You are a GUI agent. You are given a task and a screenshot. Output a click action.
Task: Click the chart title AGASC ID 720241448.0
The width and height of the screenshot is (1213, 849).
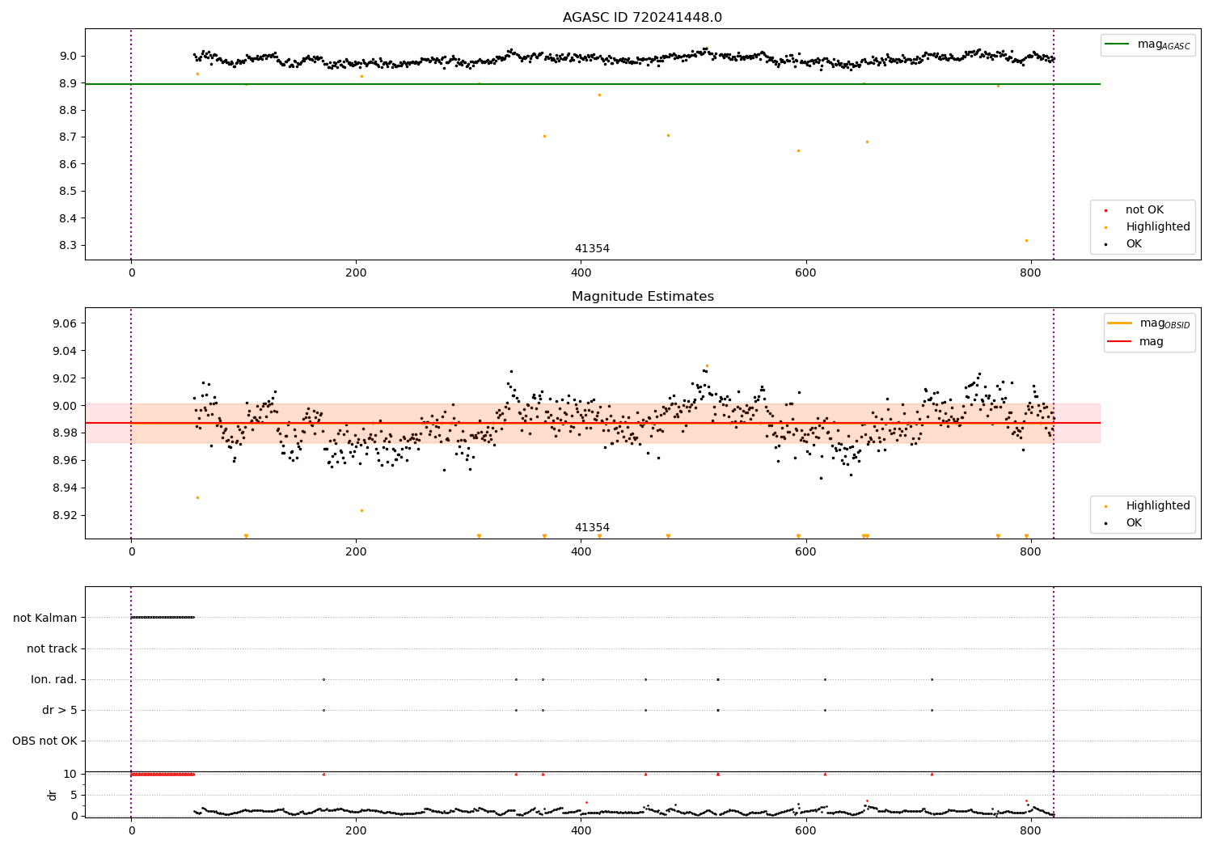(x=642, y=17)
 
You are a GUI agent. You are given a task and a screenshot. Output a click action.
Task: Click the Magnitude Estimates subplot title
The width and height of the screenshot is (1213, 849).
(x=643, y=296)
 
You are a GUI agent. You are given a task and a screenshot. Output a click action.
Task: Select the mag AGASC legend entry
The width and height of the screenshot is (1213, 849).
(x=1147, y=44)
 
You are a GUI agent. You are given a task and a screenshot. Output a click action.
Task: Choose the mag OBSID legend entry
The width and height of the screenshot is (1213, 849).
(x=1148, y=323)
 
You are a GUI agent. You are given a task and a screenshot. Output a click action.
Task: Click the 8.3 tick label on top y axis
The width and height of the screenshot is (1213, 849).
(x=68, y=245)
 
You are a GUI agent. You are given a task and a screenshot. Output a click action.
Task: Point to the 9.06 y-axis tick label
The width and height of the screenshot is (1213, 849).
(x=65, y=323)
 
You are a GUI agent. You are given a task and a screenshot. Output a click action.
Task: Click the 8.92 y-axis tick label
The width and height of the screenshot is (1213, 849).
(x=65, y=515)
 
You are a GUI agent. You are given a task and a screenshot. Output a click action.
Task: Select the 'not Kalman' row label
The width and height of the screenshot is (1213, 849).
(x=45, y=618)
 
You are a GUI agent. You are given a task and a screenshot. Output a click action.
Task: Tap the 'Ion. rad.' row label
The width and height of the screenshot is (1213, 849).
(x=53, y=679)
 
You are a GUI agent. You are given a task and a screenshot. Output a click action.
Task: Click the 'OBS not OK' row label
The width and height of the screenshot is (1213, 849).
(x=44, y=741)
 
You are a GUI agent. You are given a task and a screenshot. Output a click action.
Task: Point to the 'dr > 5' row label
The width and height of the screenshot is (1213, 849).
(x=60, y=710)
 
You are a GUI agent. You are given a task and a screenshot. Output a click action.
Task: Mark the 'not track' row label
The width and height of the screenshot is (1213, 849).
(x=52, y=648)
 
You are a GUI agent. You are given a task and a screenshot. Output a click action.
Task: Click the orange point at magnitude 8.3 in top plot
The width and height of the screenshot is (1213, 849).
(x=1026, y=240)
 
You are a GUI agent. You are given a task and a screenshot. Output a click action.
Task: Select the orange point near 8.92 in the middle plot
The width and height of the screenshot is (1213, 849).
(x=361, y=510)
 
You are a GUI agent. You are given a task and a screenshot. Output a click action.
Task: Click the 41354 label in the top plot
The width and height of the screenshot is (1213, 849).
(x=592, y=248)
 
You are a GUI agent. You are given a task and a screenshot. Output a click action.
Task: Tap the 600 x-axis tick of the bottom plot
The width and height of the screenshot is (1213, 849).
(x=805, y=831)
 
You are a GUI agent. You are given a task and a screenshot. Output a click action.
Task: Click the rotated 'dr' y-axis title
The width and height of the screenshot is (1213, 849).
(x=52, y=796)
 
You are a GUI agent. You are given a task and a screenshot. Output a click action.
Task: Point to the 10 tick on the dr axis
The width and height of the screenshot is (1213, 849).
(x=70, y=775)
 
